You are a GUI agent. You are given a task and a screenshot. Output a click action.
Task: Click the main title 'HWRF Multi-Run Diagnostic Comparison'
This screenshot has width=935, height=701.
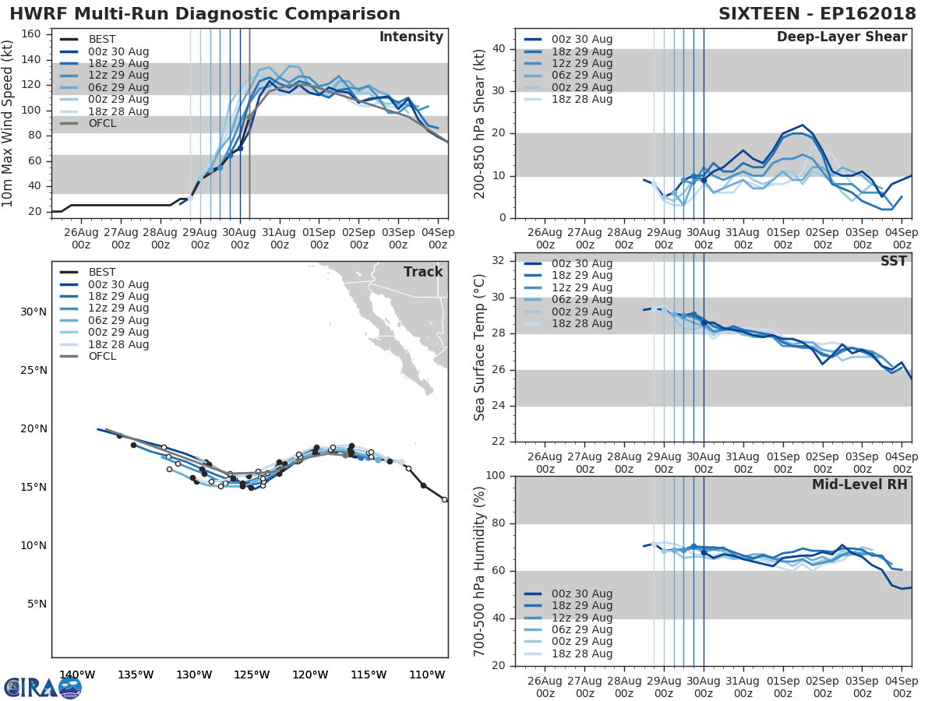(205, 14)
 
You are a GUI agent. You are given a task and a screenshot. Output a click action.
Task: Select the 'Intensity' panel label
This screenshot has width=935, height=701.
(411, 37)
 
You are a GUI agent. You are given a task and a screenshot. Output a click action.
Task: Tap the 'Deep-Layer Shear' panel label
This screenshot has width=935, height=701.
(841, 37)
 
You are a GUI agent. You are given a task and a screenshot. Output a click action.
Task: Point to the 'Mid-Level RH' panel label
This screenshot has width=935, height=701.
(859, 484)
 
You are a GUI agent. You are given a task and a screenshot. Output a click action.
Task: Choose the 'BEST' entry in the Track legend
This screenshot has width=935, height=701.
(102, 273)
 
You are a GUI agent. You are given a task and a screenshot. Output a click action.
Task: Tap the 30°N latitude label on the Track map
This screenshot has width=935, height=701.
(33, 312)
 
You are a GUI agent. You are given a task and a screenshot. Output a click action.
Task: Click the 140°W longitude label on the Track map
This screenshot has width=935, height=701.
(77, 675)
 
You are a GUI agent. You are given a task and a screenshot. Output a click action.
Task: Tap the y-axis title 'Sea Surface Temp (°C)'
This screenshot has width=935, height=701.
(480, 347)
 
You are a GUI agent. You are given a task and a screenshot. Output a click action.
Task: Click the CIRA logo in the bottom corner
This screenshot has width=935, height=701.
(42, 687)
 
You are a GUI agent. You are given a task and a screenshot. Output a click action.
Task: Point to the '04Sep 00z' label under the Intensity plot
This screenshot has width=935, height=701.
(438, 238)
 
